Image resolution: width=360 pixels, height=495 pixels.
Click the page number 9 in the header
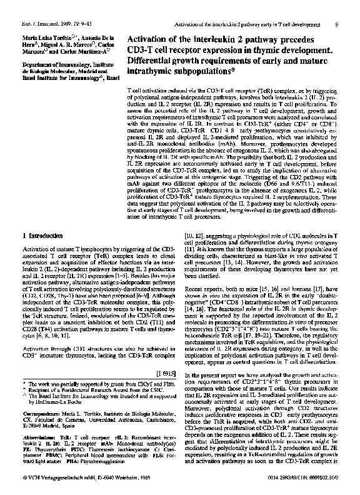(x=354, y=7)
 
